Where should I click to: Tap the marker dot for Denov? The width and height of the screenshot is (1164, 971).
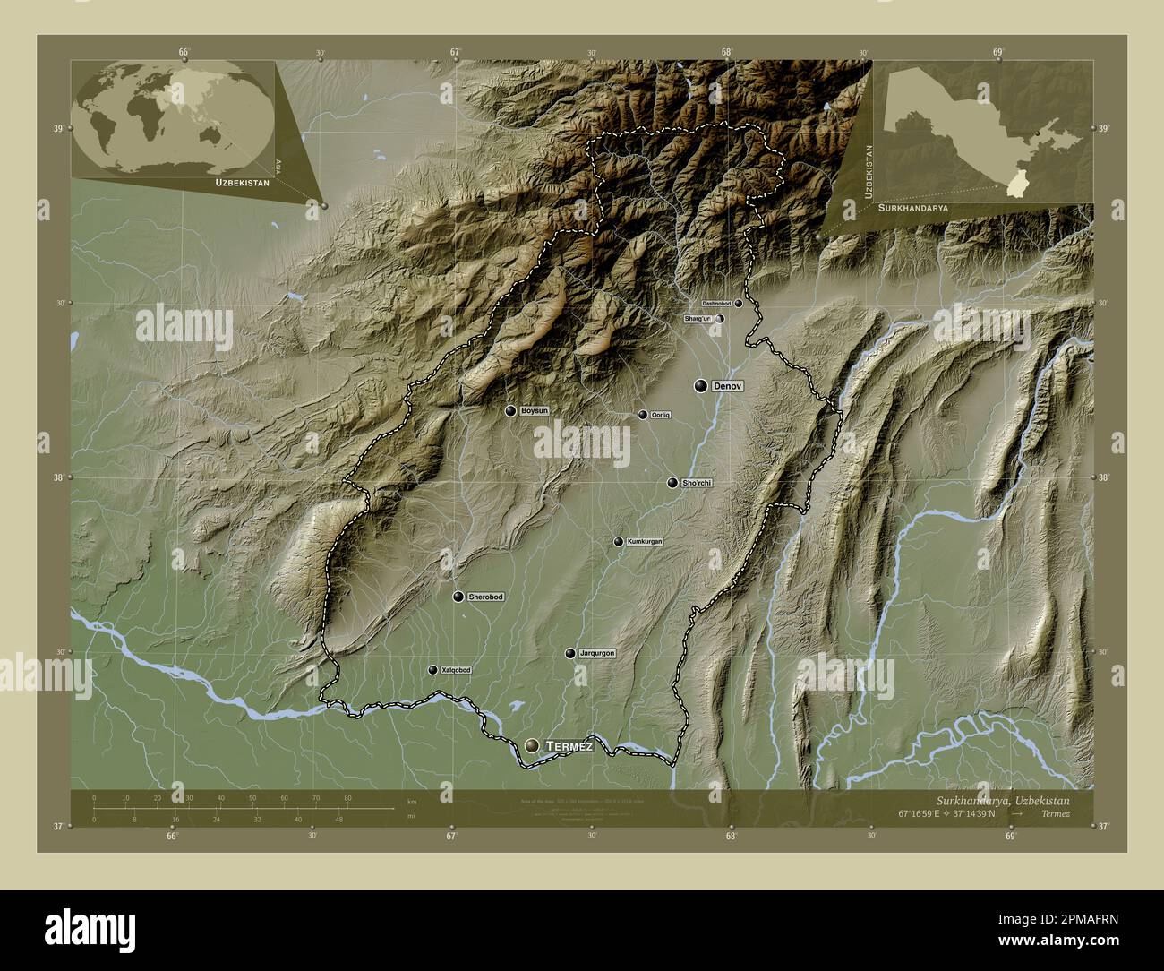700,385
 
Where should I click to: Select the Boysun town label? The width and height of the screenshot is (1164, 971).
534,410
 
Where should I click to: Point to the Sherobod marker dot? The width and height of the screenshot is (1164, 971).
458,597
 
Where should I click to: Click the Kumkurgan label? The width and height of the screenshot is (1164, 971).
645,542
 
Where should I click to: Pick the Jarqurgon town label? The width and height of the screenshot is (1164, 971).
596,653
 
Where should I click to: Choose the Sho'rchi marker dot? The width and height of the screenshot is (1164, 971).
672,483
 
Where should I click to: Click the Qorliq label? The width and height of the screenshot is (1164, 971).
661,415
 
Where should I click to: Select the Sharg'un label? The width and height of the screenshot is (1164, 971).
697,318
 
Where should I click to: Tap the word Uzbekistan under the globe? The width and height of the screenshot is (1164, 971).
242,182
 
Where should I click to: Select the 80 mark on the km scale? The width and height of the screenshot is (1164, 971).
347,797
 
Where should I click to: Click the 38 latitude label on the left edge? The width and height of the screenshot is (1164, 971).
58,477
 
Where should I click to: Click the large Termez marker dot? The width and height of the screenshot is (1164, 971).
534,745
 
